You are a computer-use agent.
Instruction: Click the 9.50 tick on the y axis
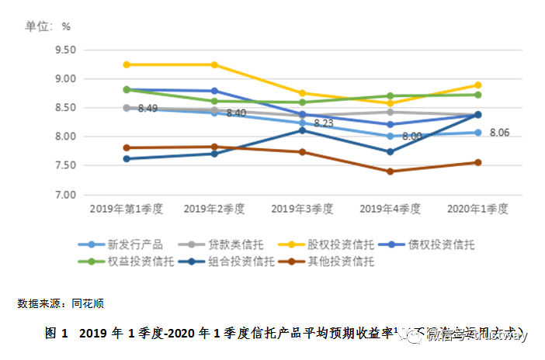(64, 50)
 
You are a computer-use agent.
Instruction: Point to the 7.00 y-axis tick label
(64, 195)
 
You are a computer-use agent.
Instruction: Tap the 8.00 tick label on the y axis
(64, 137)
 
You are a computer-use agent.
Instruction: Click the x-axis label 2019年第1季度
(127, 209)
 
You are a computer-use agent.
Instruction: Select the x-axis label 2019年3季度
(302, 209)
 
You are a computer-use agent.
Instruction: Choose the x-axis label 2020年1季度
(477, 209)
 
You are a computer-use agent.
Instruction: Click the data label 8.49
(148, 109)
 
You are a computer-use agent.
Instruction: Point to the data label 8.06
(500, 133)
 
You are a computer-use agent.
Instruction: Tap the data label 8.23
(323, 123)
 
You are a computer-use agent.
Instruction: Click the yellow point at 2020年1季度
(477, 85)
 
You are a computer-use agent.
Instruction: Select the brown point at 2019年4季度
(390, 171)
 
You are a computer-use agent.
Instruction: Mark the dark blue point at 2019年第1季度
(127, 158)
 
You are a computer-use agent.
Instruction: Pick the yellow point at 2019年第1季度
(127, 64)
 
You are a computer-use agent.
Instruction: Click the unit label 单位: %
(47, 26)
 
